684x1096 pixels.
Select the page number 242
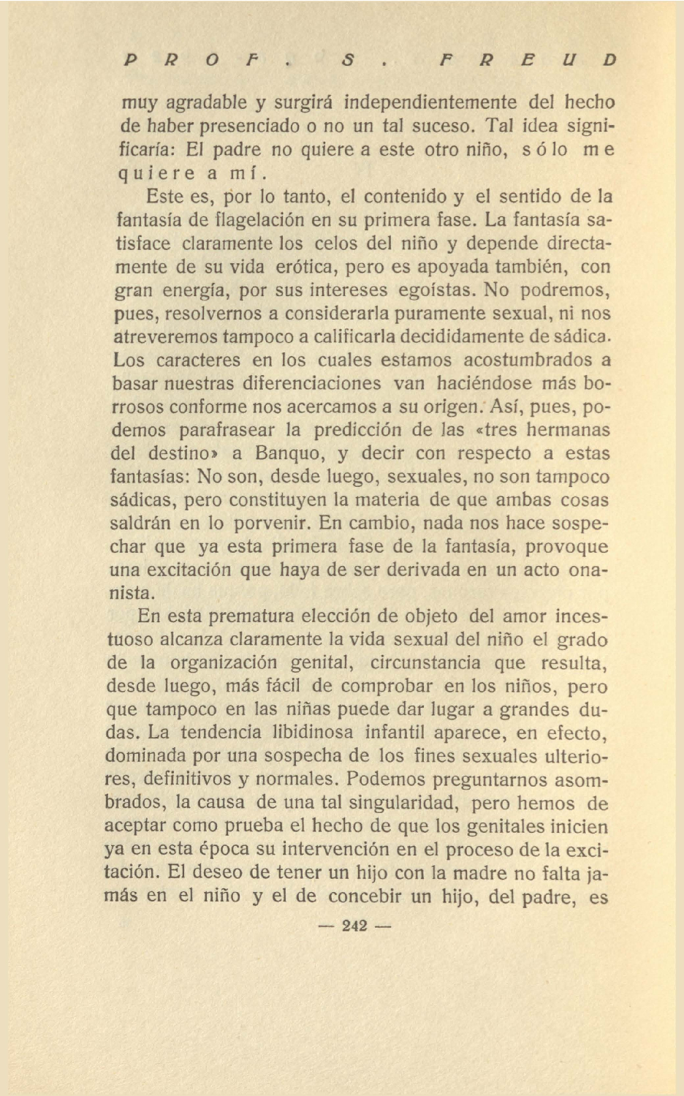pyautogui.click(x=354, y=926)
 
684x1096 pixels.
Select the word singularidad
pyautogui.click(x=403, y=803)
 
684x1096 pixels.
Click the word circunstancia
pyautogui.click(x=425, y=663)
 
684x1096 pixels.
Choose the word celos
pyautogui.click(x=338, y=243)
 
